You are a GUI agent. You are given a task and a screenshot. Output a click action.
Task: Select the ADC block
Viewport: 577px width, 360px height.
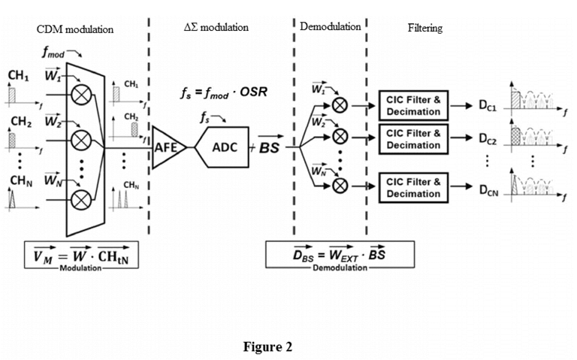pos(222,147)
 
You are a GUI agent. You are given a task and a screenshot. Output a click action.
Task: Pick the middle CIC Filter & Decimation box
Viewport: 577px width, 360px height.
pos(413,139)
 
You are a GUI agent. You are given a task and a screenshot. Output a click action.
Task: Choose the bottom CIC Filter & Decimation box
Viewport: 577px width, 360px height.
pos(413,187)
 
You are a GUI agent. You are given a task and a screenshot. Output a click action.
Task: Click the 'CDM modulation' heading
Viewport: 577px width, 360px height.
pos(75,29)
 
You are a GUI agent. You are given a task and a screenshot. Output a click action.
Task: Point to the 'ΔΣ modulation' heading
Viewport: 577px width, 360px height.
pos(216,27)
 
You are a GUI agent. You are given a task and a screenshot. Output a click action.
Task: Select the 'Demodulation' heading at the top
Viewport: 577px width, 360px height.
pos(330,26)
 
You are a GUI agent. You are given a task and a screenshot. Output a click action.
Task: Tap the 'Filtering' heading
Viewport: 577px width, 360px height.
pos(425,28)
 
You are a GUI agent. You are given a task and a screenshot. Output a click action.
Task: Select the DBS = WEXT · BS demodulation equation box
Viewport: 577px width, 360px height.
pos(331,257)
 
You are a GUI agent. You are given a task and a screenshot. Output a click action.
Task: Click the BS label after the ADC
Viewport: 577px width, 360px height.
pos(268,148)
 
